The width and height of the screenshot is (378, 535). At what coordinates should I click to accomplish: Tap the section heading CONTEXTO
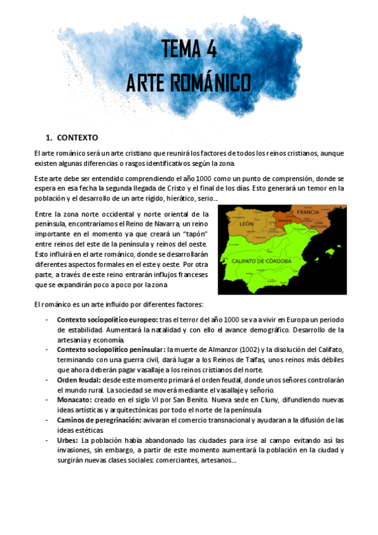tap(77, 138)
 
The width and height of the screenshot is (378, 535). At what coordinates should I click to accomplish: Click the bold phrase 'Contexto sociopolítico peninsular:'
tap(110, 350)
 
